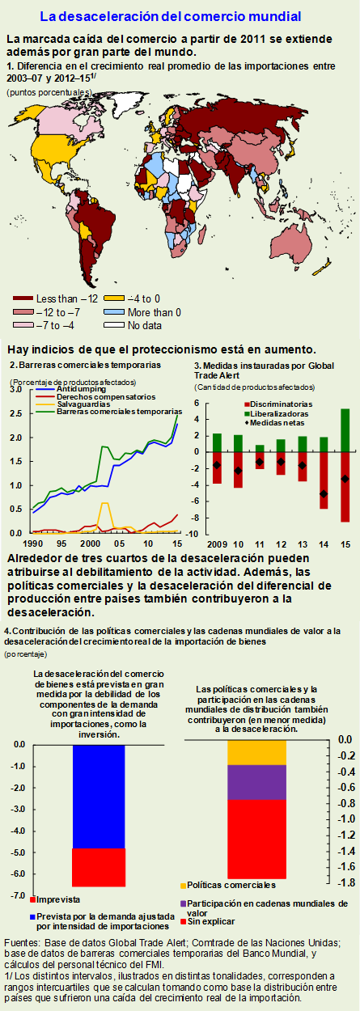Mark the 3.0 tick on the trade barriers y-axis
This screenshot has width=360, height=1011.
click(x=15, y=391)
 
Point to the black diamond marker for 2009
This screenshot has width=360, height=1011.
click(x=217, y=465)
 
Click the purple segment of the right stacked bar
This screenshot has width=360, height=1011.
click(x=256, y=782)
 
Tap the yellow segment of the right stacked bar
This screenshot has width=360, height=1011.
click(x=256, y=751)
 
